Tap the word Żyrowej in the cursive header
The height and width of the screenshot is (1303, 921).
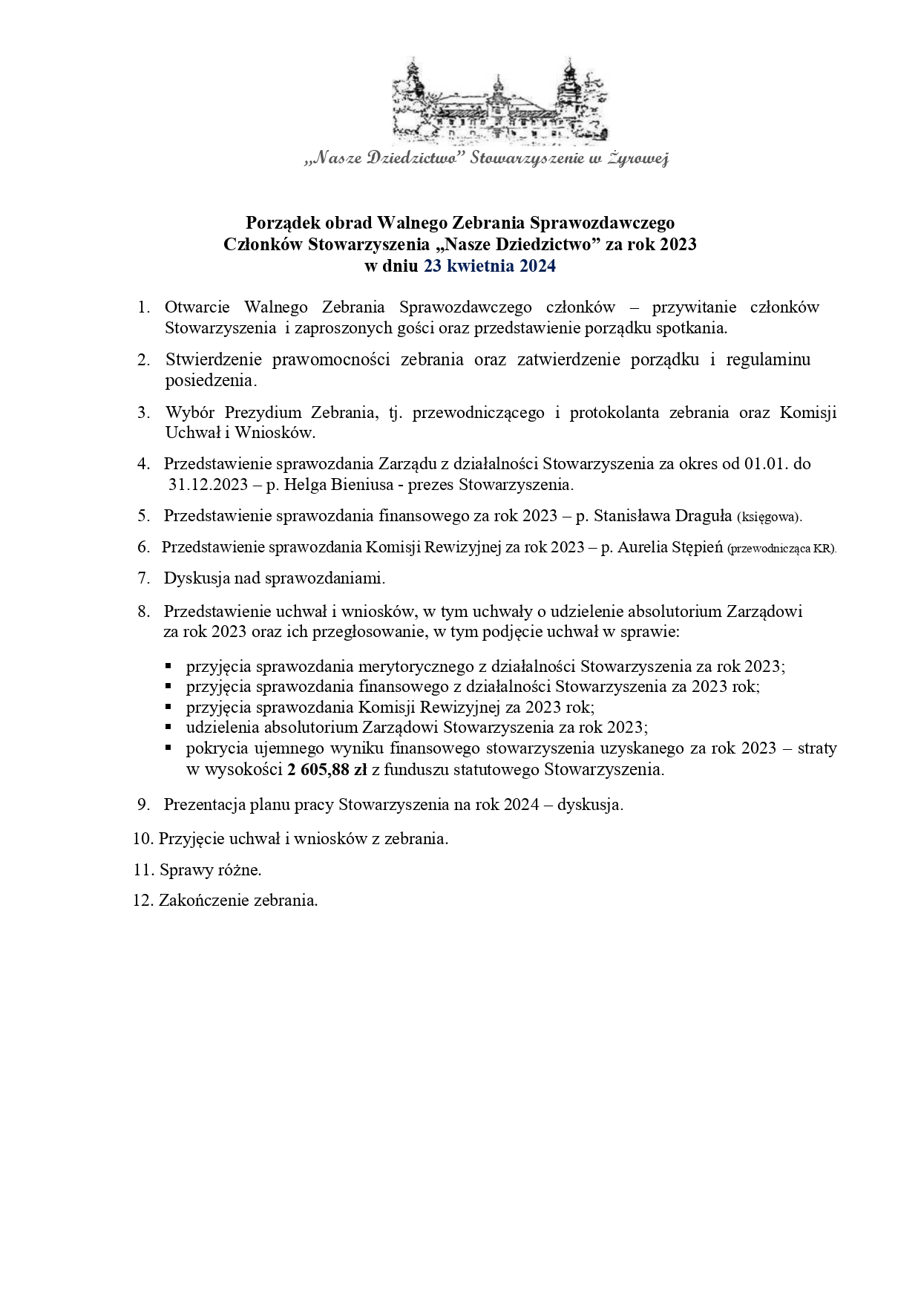pos(638,158)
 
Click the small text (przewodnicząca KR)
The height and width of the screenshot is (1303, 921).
pos(781,549)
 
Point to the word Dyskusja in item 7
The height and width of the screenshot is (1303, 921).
pos(194,578)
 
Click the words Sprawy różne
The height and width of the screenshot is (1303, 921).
pos(210,869)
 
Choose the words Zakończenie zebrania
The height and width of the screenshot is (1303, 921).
pos(238,901)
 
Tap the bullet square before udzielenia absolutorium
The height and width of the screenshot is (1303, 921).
pos(169,728)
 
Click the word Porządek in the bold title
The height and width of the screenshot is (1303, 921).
pos(283,222)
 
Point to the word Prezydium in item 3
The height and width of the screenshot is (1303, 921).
pos(264,414)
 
